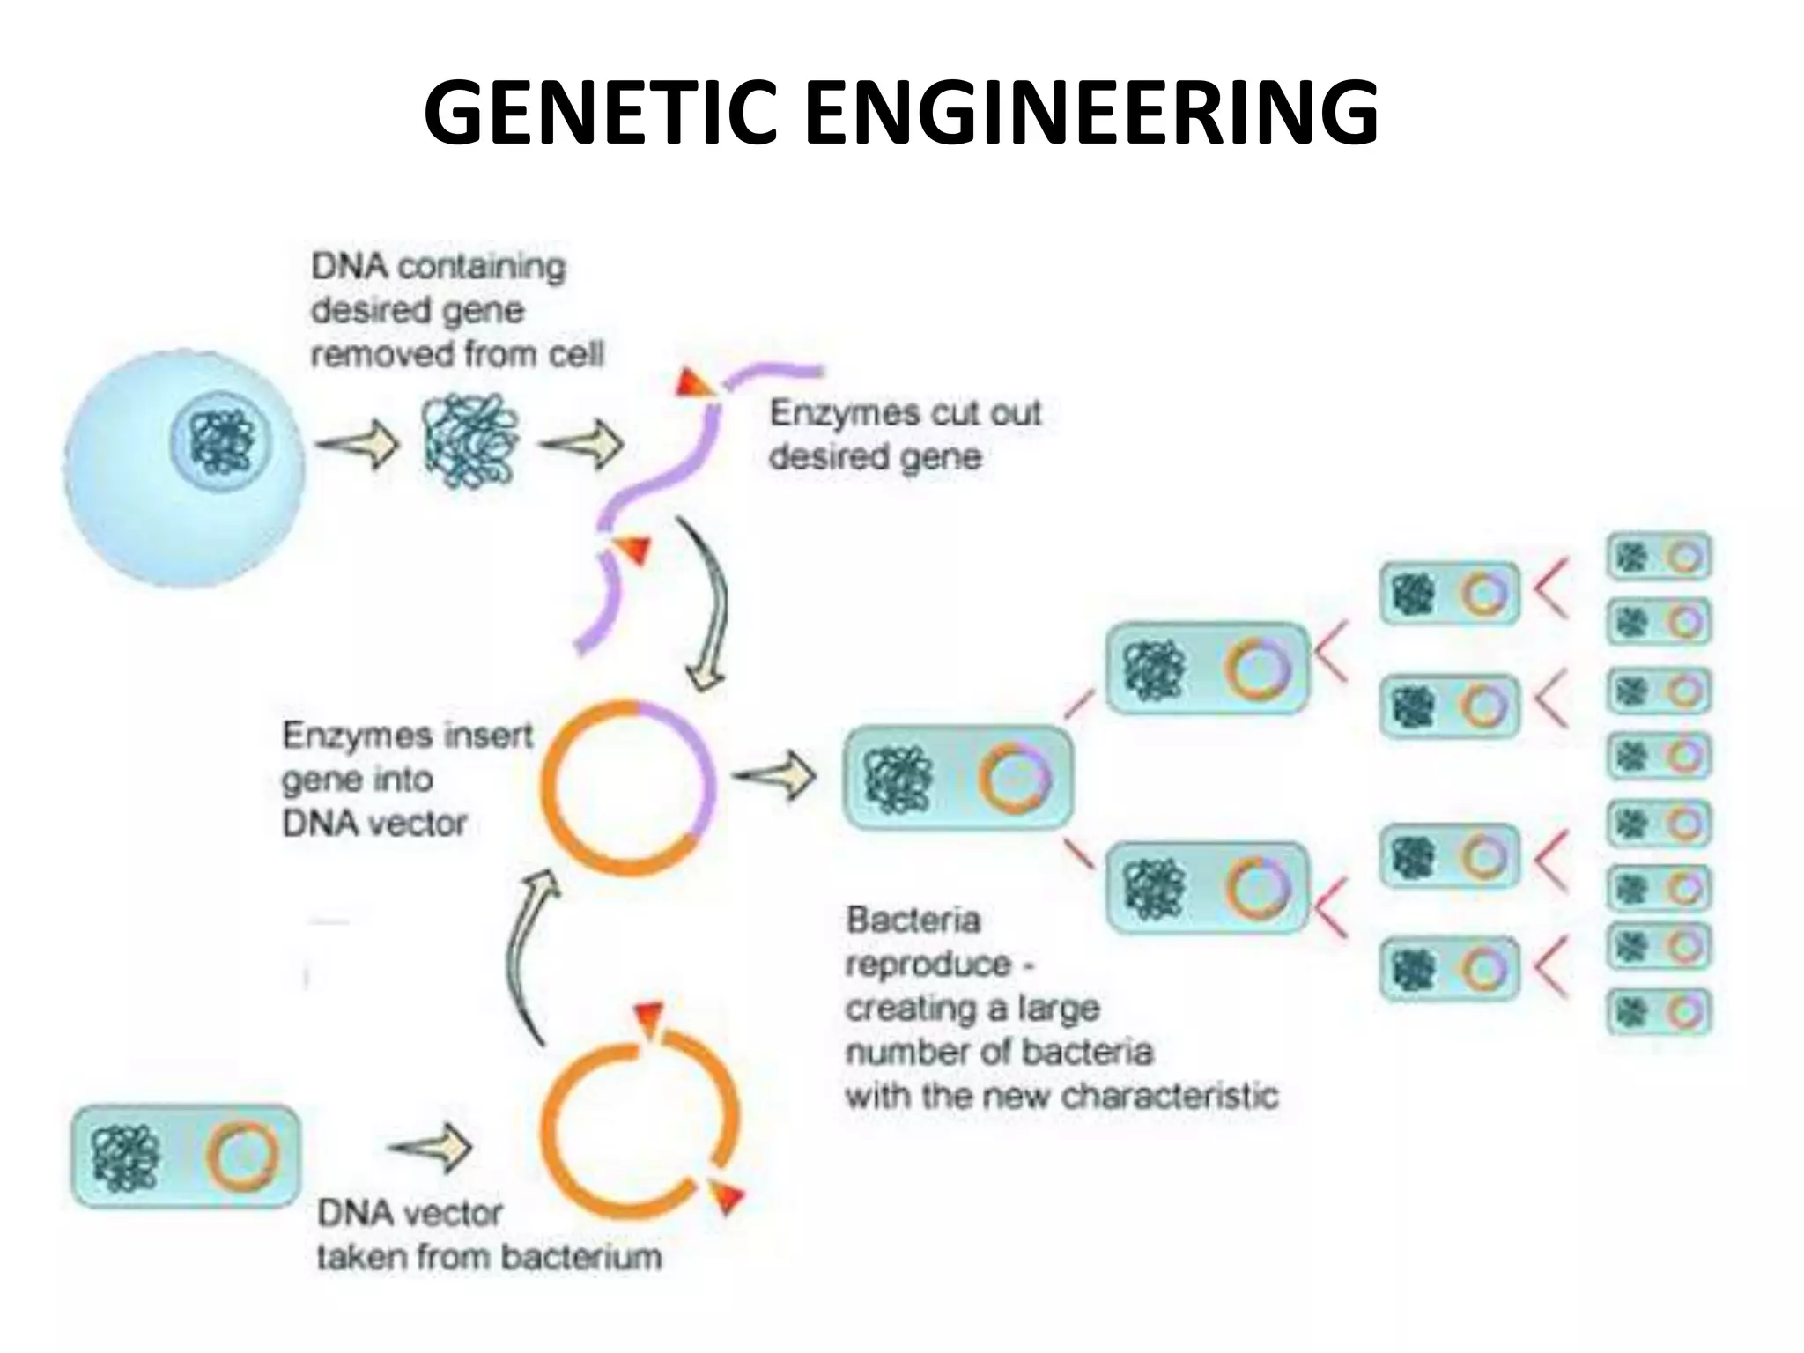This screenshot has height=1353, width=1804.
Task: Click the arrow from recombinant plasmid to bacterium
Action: click(x=774, y=775)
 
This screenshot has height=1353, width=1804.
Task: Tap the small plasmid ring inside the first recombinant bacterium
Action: click(x=1015, y=779)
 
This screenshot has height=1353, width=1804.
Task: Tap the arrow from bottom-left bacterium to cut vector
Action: click(x=431, y=1148)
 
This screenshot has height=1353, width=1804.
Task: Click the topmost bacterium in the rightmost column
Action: click(x=1658, y=557)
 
